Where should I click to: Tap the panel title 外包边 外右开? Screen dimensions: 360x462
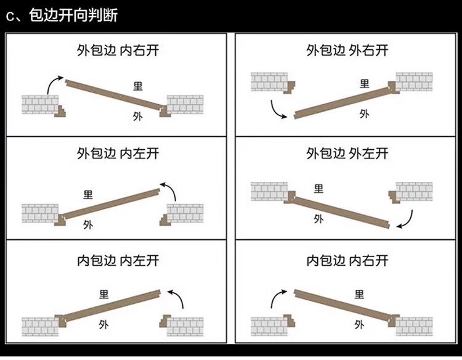point(347,50)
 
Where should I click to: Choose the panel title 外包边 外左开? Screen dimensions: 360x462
point(347,153)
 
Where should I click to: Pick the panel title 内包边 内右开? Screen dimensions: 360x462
point(347,260)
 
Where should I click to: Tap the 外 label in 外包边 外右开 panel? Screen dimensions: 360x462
point(364,114)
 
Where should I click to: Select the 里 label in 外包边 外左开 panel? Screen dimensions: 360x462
point(318,188)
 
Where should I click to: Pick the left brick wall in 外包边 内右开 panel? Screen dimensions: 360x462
point(39,104)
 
